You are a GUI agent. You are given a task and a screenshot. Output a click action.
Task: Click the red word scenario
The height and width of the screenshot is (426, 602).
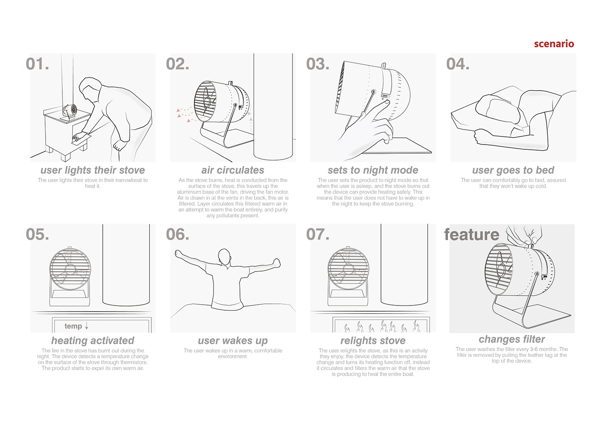pyautogui.click(x=554, y=43)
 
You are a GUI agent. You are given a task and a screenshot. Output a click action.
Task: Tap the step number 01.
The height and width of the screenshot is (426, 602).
pyautogui.click(x=37, y=64)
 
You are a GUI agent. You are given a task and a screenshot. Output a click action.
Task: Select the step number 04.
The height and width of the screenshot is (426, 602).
pyautogui.click(x=458, y=64)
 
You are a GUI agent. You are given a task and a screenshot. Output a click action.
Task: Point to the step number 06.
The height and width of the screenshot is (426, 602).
pyautogui.click(x=177, y=235)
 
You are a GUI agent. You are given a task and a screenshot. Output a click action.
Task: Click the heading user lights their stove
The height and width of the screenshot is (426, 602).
pyautogui.click(x=92, y=170)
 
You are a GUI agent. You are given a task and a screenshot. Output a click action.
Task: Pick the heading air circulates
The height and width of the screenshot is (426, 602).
pyautogui.click(x=233, y=170)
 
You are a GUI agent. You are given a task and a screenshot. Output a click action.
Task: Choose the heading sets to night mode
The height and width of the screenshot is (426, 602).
pyautogui.click(x=373, y=170)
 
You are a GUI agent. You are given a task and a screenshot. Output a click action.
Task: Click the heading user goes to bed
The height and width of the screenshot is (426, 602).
pyautogui.click(x=513, y=170)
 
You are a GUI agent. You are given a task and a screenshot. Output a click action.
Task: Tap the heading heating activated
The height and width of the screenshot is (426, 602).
pyautogui.click(x=92, y=340)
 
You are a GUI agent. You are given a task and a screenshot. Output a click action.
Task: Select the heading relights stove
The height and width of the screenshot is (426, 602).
pyautogui.click(x=373, y=340)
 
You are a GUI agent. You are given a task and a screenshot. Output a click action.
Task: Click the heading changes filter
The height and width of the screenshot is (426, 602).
pyautogui.click(x=512, y=339)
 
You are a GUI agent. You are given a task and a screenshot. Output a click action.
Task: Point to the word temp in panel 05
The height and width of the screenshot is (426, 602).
pyautogui.click(x=73, y=326)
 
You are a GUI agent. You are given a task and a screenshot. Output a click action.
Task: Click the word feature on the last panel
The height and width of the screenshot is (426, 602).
pyautogui.click(x=471, y=235)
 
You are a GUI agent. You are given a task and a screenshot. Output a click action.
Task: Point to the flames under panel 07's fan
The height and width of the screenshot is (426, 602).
pyautogui.click(x=381, y=326)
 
